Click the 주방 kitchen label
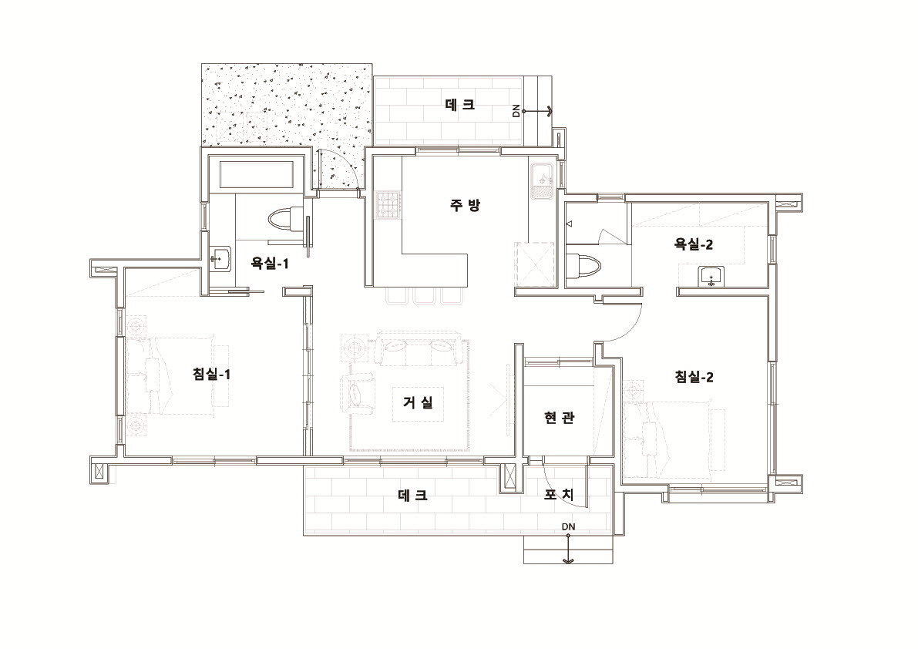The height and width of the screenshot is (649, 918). click(x=466, y=205)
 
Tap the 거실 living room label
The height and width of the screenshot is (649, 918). click(x=418, y=402)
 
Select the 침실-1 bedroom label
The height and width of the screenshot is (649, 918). click(x=211, y=374)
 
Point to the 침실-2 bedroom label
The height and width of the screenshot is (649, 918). click(x=694, y=377)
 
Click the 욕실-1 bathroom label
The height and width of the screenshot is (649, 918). click(x=270, y=264)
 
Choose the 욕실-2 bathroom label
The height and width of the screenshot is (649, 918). click(x=694, y=244)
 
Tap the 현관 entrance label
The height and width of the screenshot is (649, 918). click(x=559, y=417)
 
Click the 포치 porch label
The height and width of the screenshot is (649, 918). click(x=559, y=495)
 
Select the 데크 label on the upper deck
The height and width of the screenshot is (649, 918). click(x=460, y=105)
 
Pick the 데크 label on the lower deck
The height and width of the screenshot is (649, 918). click(x=412, y=495)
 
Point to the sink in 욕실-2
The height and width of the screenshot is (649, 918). click(x=711, y=276)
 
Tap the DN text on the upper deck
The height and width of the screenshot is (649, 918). click(x=516, y=110)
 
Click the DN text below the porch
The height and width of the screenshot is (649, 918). click(x=569, y=526)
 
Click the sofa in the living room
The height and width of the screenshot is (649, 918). click(x=418, y=349)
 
